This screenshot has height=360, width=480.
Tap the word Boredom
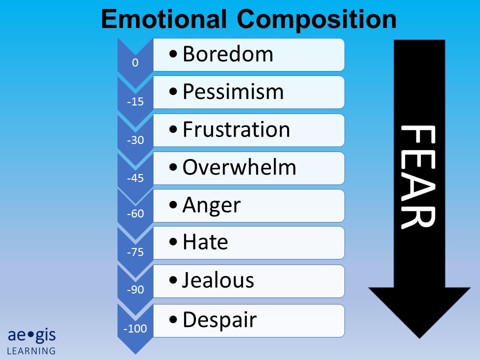[x=228, y=54]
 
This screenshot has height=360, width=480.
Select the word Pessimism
[x=233, y=91]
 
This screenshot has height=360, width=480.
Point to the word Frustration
[x=236, y=129]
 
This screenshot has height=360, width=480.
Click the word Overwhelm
[x=239, y=167]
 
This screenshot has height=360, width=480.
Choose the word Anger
[x=211, y=205]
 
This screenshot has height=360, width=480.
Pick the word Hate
[x=205, y=242]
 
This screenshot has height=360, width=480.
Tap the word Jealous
[x=218, y=280]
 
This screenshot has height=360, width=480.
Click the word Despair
[x=219, y=319]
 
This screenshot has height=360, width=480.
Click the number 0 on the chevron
[x=135, y=63]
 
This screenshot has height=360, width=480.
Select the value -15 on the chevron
[x=135, y=102]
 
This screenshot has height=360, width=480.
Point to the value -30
[x=135, y=140]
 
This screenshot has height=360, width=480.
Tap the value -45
[x=135, y=178]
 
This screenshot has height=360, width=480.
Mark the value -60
[x=135, y=214]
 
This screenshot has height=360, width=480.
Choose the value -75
[x=135, y=252]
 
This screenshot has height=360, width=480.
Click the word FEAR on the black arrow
[x=419, y=177]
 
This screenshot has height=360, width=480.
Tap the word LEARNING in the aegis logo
[x=31, y=350]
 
